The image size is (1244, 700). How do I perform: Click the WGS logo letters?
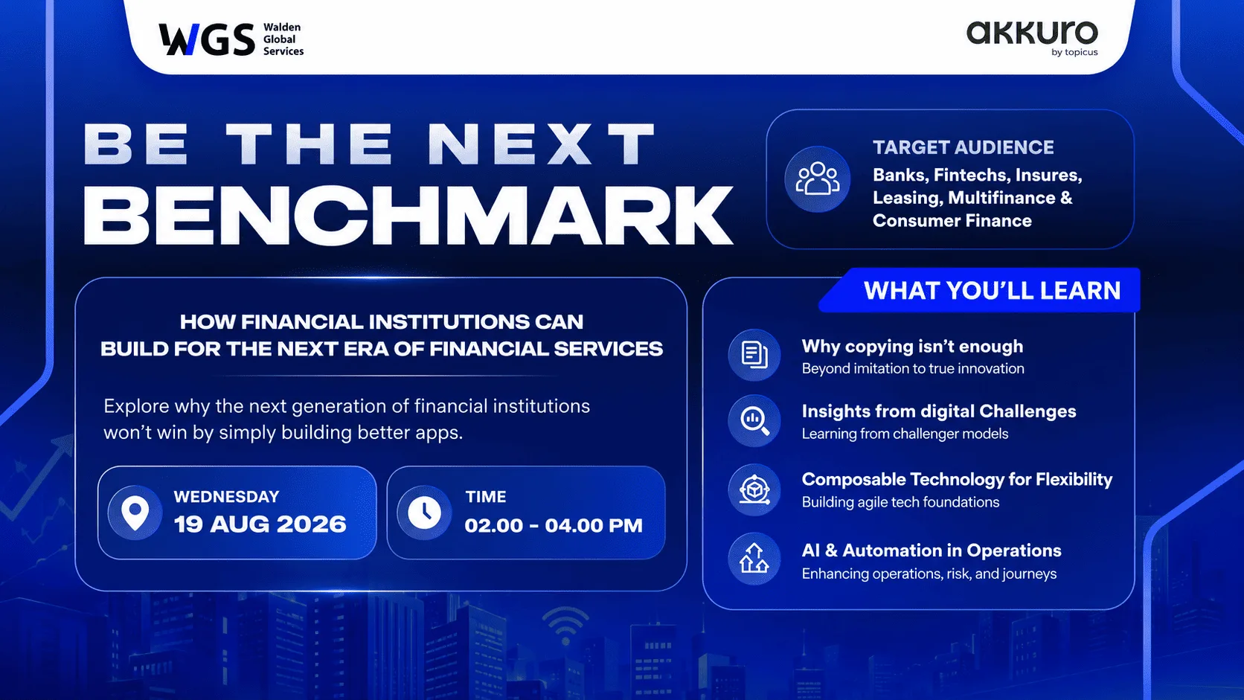[207, 39]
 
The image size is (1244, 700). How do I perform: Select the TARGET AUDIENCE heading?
[963, 147]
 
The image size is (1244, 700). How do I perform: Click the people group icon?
[818, 179]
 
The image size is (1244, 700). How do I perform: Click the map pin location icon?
[135, 513]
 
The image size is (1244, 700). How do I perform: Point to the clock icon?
[424, 513]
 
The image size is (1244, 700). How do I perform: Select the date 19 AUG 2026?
[260, 524]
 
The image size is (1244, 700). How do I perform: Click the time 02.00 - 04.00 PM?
[553, 525]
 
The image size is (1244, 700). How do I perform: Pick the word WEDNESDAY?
[227, 496]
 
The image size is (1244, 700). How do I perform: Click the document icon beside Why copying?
[754, 356]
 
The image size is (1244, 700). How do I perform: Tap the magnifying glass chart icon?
[754, 420]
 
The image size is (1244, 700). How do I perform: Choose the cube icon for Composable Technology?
[754, 489]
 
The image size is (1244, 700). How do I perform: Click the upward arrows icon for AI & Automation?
[754, 558]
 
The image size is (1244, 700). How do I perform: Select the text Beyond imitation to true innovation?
[912, 368]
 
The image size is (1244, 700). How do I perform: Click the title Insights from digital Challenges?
[938, 411]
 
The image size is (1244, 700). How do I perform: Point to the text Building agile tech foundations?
[900, 502]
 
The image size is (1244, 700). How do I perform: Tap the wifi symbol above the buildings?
[565, 626]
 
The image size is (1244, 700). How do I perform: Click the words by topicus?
[1074, 52]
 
